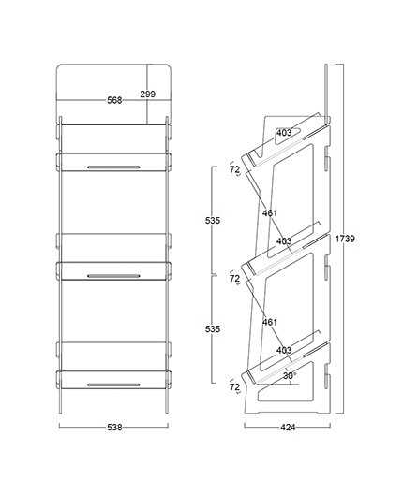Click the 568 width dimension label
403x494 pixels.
pyautogui.click(x=114, y=100)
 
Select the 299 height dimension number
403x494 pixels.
pyautogui.click(x=148, y=94)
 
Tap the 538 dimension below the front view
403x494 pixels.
pyautogui.click(x=114, y=428)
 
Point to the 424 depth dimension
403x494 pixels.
pyautogui.click(x=288, y=428)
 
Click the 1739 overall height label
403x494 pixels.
pyautogui.click(x=345, y=239)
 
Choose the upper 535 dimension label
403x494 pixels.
pyautogui.click(x=213, y=220)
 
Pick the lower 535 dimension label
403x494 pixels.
pyautogui.click(x=213, y=329)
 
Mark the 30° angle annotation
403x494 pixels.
pyautogui.click(x=289, y=375)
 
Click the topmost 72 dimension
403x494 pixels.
pyautogui.click(x=234, y=169)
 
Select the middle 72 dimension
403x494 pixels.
pyautogui.click(x=234, y=279)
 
